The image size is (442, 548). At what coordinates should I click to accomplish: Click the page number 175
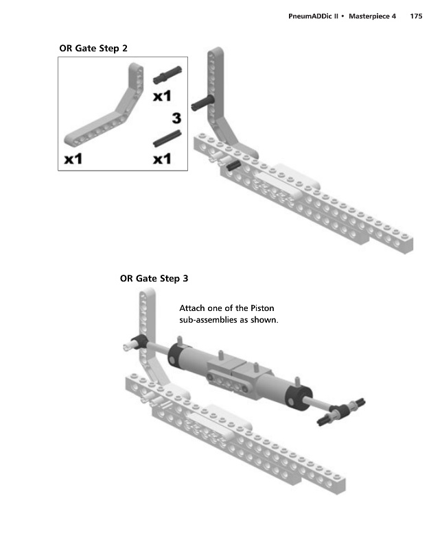click(x=415, y=16)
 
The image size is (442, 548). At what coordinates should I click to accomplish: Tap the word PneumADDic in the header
click(x=312, y=16)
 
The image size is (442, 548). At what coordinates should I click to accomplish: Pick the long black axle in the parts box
click(x=167, y=138)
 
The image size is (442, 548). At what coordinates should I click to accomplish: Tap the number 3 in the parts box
click(x=176, y=117)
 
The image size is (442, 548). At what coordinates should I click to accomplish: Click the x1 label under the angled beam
click(x=73, y=159)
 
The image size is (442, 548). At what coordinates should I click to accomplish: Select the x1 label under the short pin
click(x=162, y=95)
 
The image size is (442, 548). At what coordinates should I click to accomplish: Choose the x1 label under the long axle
click(x=162, y=159)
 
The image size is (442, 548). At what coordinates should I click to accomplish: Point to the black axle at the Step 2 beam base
click(x=233, y=164)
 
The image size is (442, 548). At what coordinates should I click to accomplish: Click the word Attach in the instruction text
click(x=191, y=308)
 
